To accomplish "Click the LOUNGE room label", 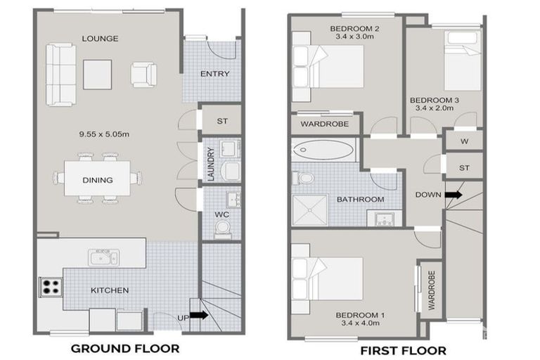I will (99, 38).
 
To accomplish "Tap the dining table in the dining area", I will (98, 179).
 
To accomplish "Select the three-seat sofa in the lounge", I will (60, 74).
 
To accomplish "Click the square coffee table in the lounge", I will (98, 75).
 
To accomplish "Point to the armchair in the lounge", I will (143, 74).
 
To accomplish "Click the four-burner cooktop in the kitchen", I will (51, 287).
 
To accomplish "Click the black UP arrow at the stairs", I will (200, 316).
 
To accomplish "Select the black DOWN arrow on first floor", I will (452, 195).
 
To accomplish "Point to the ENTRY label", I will (214, 74).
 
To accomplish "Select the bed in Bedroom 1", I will (329, 277).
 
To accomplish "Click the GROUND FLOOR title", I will (124, 347).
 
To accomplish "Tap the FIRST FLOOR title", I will (403, 349).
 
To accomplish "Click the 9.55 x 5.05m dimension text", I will (98, 134).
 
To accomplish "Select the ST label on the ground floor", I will (222, 121).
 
